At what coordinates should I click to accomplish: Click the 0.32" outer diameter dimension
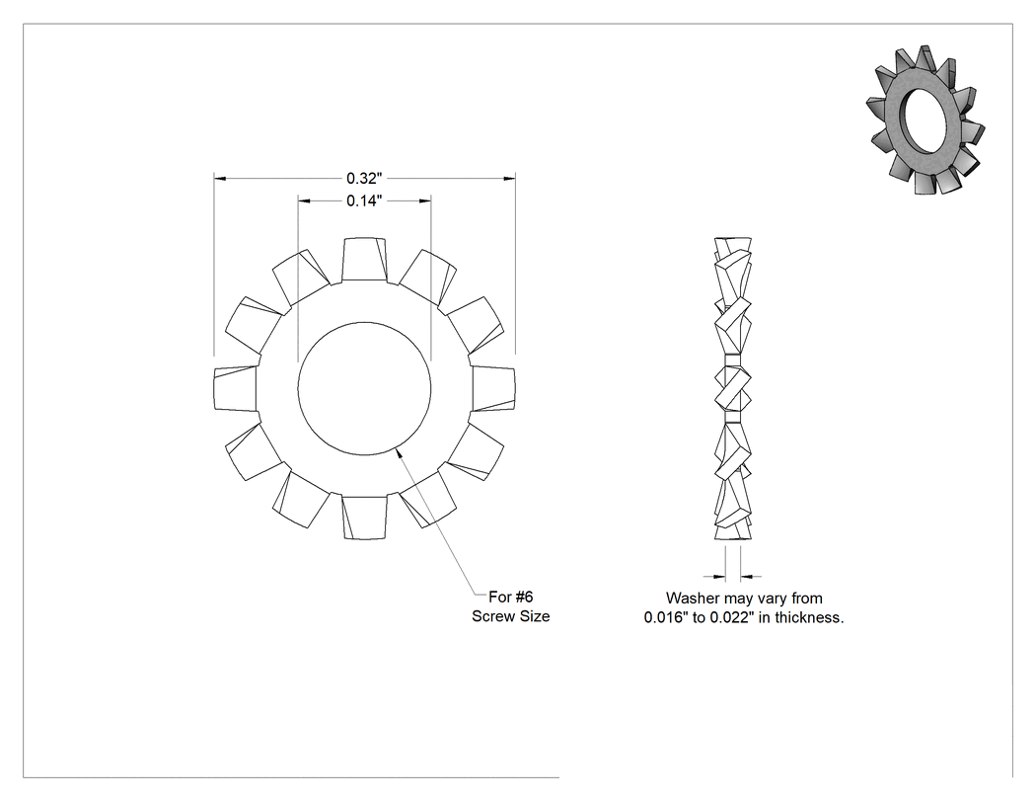pyautogui.click(x=364, y=179)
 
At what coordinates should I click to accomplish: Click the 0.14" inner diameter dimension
pyautogui.click(x=364, y=201)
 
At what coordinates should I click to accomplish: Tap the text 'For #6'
pyautogui.click(x=511, y=597)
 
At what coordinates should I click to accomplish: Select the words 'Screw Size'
pyautogui.click(x=511, y=616)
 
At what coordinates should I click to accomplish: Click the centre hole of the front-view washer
pyautogui.click(x=364, y=388)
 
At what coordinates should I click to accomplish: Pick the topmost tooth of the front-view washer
pyautogui.click(x=364, y=260)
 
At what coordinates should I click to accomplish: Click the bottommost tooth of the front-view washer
pyautogui.click(x=364, y=518)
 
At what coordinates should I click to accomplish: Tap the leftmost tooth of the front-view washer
pyautogui.click(x=235, y=388)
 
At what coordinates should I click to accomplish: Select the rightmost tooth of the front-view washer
pyautogui.click(x=493, y=388)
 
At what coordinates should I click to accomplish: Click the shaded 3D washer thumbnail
pyautogui.click(x=925, y=120)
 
